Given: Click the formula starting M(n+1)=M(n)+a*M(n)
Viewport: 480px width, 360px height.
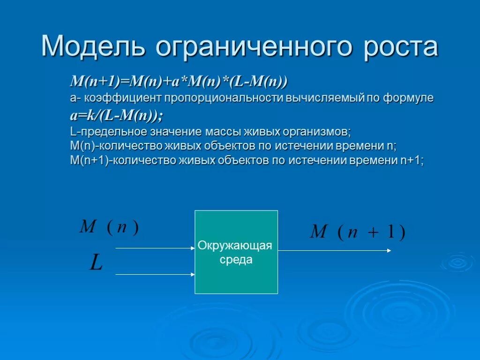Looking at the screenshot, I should pyautogui.click(x=179, y=82).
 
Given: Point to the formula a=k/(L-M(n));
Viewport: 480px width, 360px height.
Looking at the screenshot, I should pyautogui.click(x=117, y=115).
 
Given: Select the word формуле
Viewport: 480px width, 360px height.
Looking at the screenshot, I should pyautogui.click(x=408, y=98).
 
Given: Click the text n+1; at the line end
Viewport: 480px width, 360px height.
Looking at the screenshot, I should pyautogui.click(x=412, y=161).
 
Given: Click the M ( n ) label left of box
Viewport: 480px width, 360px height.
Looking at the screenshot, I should pyautogui.click(x=109, y=227).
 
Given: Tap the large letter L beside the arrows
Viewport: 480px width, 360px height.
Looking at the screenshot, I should pyautogui.click(x=96, y=263).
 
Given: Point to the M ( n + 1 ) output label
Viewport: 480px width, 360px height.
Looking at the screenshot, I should pyautogui.click(x=357, y=232).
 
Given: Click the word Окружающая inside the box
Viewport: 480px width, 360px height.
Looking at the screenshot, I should pyautogui.click(x=235, y=246).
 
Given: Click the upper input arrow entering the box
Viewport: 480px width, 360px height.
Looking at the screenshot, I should pyautogui.click(x=155, y=248).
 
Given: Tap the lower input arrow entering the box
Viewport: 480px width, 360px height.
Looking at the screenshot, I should pyautogui.click(x=155, y=274).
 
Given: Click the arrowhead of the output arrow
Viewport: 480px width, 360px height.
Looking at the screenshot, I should pyautogui.click(x=389, y=251).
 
